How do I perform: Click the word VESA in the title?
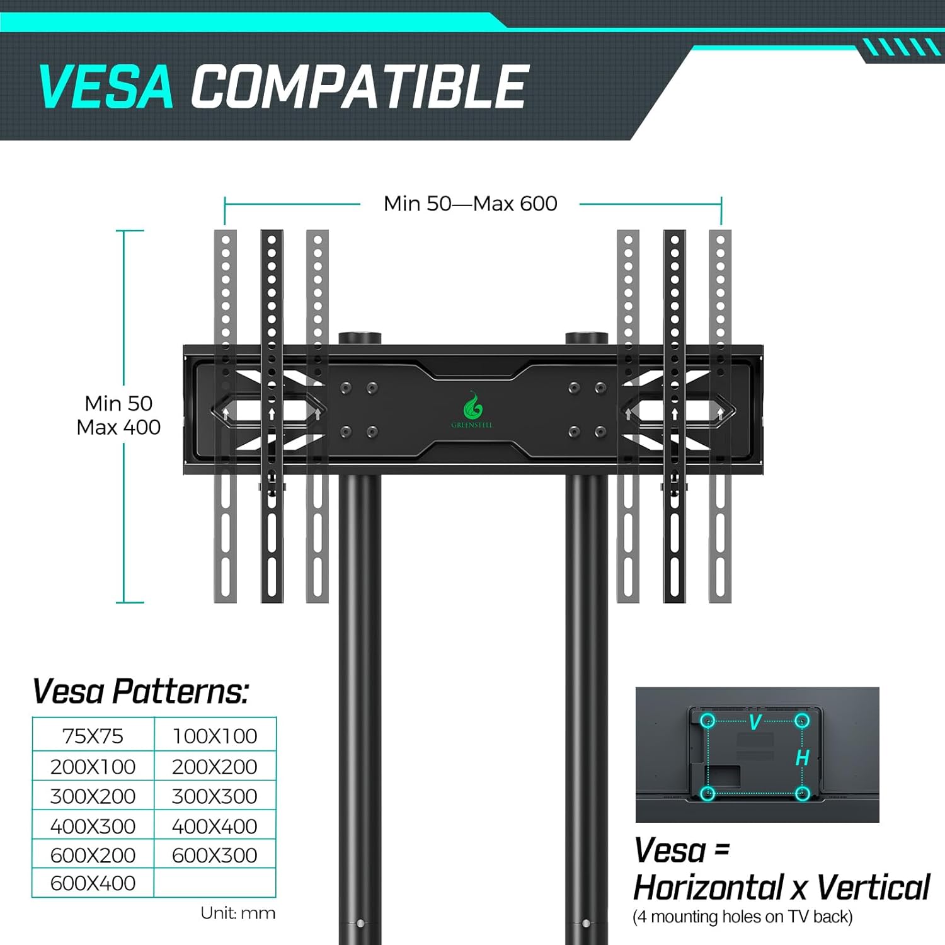(x=106, y=86)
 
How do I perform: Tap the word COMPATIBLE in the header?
(x=360, y=86)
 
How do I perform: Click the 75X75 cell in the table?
(x=93, y=736)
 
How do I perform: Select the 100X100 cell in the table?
(x=215, y=736)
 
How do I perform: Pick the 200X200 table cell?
(x=215, y=767)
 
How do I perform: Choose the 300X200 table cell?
(x=93, y=796)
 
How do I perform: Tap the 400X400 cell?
(x=215, y=826)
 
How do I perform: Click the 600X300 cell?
(x=215, y=855)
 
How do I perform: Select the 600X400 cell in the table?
(x=93, y=883)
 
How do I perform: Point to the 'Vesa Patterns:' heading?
(x=140, y=692)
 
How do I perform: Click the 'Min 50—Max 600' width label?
(x=471, y=203)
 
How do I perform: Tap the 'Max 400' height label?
(x=118, y=427)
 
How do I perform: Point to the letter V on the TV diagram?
(x=755, y=722)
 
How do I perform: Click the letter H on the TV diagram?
(x=802, y=757)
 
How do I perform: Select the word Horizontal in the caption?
(x=708, y=888)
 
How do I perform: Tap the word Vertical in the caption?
(x=873, y=888)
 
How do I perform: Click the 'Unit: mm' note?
(x=238, y=913)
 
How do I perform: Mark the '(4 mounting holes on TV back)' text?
(x=743, y=917)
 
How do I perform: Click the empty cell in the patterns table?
(x=215, y=883)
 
